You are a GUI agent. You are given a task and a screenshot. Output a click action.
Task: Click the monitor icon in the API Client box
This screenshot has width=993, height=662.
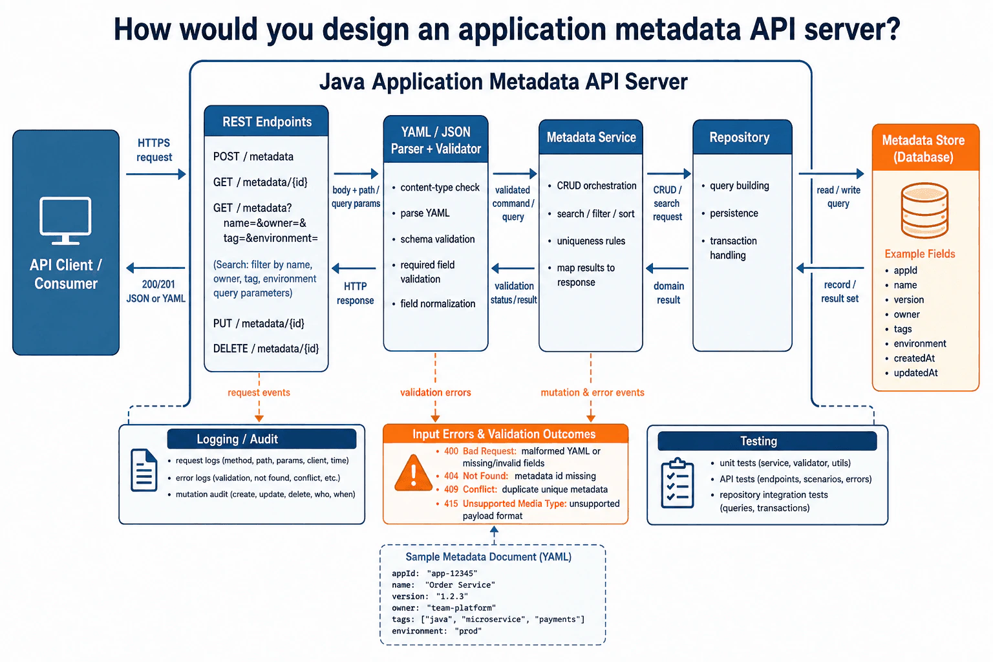coord(65,221)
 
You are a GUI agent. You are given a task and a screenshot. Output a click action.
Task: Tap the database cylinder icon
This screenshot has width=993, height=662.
coord(924,211)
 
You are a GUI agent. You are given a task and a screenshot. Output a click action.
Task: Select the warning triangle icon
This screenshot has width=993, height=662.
coord(413,473)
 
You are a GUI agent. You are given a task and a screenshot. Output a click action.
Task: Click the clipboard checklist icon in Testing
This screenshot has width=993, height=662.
coord(678,484)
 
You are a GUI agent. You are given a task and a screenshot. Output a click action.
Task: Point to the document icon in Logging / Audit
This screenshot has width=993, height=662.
coord(144,470)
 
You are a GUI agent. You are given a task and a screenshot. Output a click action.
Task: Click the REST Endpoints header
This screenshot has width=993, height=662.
coord(266,122)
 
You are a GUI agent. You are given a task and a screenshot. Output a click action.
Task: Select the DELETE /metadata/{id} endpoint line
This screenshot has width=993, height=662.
coord(266,348)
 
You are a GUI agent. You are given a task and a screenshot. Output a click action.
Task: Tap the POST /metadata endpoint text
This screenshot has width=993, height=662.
coord(253,156)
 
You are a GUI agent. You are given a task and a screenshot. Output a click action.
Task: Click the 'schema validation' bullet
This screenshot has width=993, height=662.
coord(437,239)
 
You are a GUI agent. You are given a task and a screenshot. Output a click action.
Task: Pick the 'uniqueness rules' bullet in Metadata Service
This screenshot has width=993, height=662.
coord(591,240)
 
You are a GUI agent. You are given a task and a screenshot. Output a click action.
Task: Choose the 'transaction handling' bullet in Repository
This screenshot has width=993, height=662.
coord(733,248)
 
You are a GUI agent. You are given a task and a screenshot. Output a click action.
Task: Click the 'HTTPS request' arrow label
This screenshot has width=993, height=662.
coord(154,150)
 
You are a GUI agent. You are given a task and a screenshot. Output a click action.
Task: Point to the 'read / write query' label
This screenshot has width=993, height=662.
coord(838,197)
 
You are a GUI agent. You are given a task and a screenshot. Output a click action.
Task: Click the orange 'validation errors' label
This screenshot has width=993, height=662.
coord(435,392)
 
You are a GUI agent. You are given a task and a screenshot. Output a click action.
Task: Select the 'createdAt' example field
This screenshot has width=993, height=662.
coord(914,358)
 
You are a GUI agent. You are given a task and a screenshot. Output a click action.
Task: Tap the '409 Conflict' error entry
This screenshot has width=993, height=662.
coord(526,489)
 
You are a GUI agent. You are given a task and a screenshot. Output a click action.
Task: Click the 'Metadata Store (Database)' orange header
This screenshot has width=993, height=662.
coord(925,147)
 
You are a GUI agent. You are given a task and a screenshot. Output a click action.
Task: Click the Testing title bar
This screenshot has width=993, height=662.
coord(767,441)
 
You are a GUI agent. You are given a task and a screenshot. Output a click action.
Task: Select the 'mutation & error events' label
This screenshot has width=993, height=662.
coord(592,392)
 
